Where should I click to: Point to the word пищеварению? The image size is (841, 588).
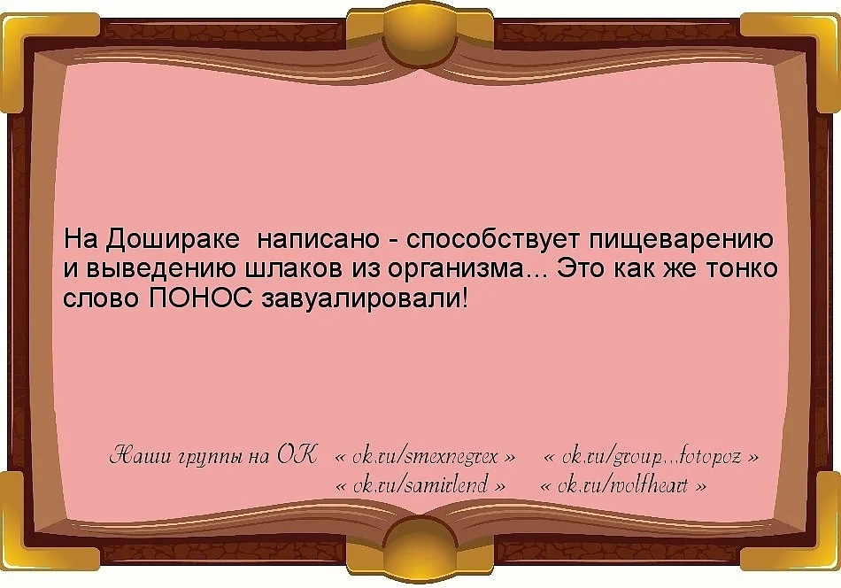tap(681, 240)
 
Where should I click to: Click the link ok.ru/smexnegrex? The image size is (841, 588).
tap(425, 458)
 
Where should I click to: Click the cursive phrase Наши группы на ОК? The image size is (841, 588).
tap(212, 458)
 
